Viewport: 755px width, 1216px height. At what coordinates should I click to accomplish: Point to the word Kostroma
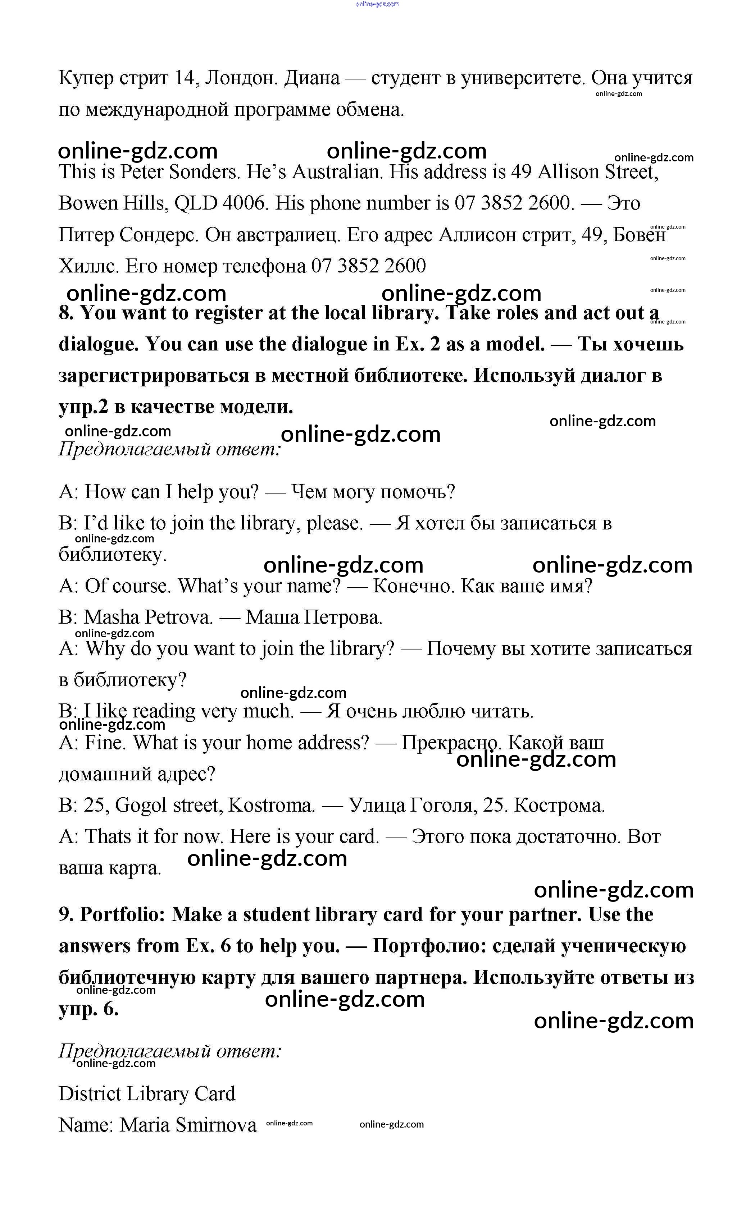click(x=271, y=806)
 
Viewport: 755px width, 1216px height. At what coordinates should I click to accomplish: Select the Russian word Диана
click(x=311, y=78)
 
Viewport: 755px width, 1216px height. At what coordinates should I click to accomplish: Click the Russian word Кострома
click(x=559, y=806)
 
